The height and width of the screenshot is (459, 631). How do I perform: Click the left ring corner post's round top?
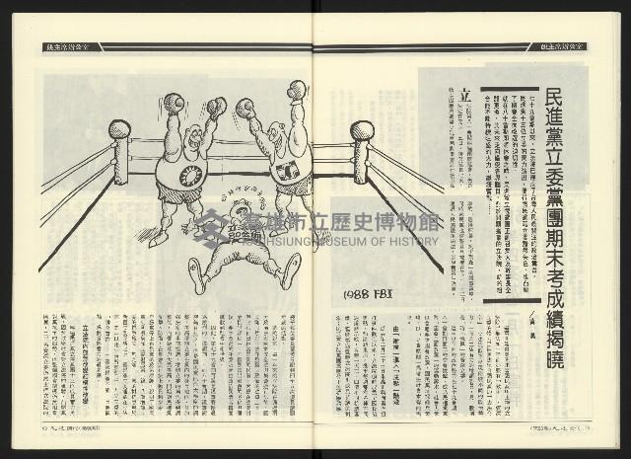[x=119, y=129]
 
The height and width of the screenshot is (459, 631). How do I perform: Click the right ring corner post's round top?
[x=362, y=130]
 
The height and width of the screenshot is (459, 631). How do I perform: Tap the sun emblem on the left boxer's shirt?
[x=190, y=176]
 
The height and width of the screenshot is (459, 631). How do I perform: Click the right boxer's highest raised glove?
[x=297, y=90]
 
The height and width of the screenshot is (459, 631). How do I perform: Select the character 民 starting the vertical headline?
[x=582, y=100]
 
